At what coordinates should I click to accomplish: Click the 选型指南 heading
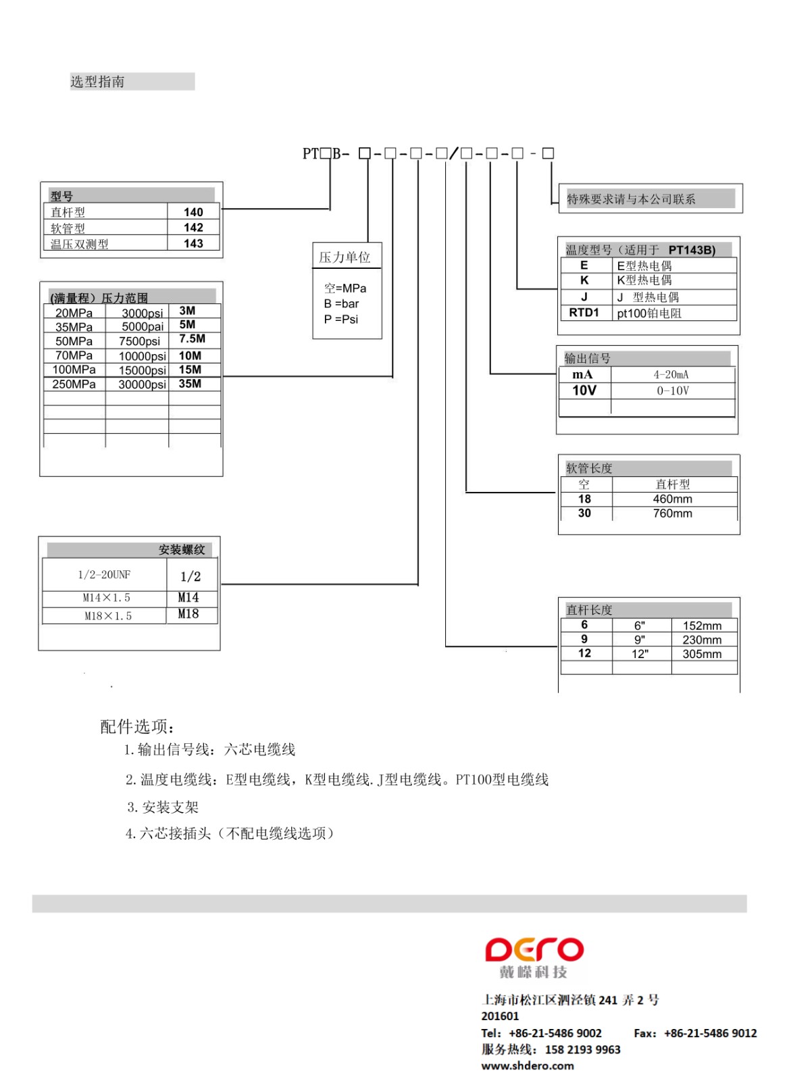[x=97, y=82]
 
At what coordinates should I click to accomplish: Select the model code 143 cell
[x=193, y=243]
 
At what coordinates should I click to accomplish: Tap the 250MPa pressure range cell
[x=74, y=384]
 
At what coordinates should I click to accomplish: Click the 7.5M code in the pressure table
[x=192, y=339]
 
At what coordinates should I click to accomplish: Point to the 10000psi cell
[x=142, y=356]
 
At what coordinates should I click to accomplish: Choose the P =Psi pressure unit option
[x=341, y=319]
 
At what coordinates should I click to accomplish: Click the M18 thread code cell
[x=188, y=614]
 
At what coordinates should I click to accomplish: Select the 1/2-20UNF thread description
[x=104, y=575]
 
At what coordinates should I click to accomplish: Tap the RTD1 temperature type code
[x=584, y=313]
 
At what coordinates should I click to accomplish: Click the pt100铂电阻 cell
[x=649, y=313]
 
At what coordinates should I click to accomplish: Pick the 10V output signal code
[x=584, y=391]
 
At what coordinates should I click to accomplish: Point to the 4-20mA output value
[x=671, y=375]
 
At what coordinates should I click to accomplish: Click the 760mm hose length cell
[x=672, y=513]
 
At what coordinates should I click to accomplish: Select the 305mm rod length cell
[x=702, y=654]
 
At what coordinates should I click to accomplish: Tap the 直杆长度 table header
[x=589, y=609]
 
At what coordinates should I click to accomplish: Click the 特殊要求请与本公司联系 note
[x=631, y=199]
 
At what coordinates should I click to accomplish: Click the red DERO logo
[x=534, y=950]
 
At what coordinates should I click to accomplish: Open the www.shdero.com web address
[x=528, y=1065]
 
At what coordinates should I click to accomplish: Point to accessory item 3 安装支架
[x=163, y=807]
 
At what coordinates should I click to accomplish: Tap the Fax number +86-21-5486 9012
[x=710, y=1033]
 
